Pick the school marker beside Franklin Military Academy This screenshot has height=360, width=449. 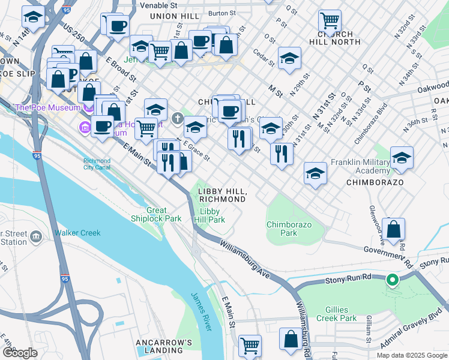pos(402,158)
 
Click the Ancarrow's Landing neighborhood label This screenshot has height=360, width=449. pos(163,346)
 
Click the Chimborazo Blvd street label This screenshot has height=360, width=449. pos(367,127)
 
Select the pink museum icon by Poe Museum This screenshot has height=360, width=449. pos(83,127)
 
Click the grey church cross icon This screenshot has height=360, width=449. pos(177,118)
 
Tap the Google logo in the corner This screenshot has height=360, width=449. pos(20,353)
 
